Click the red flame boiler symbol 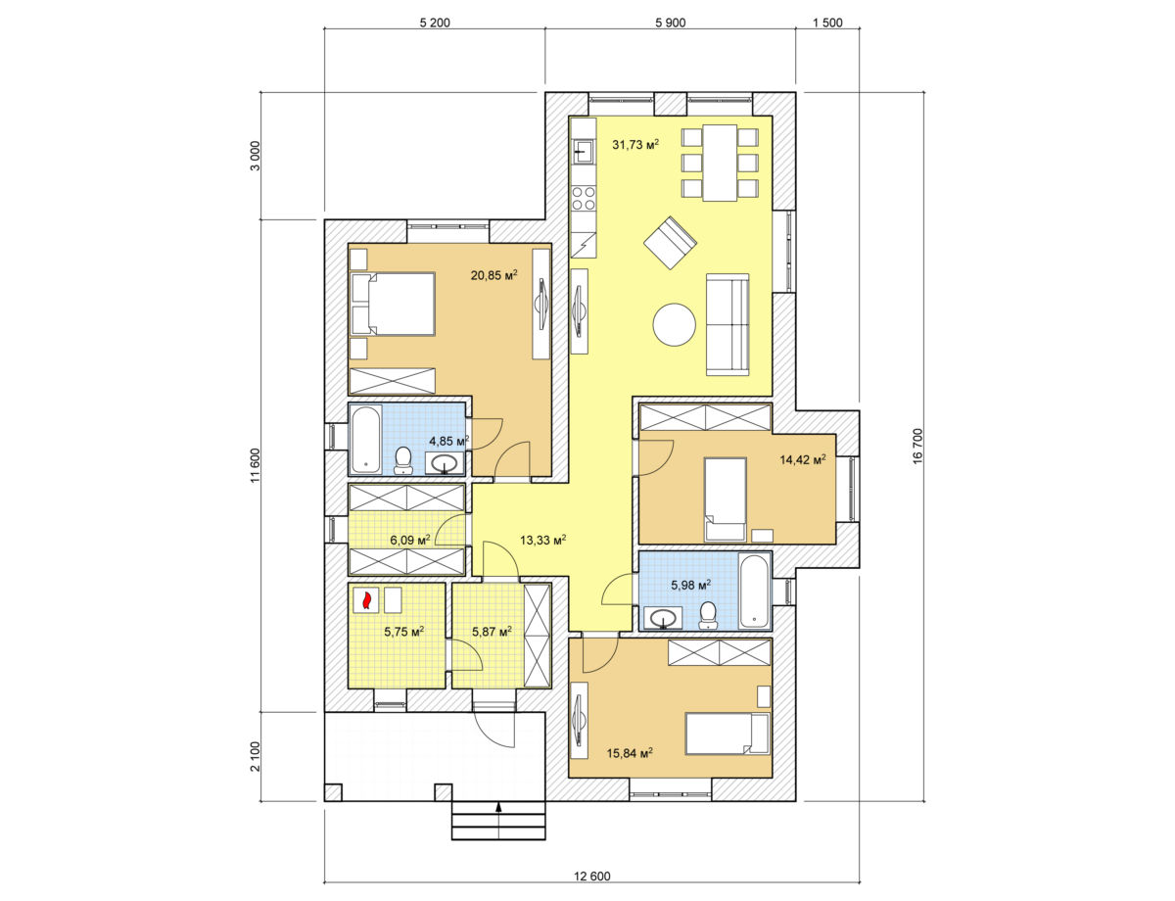point(366,599)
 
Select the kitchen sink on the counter point(583,151)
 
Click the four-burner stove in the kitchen point(584,198)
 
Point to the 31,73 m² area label point(635,144)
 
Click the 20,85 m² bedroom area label point(493,275)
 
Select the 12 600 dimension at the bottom point(592,876)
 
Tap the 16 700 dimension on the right point(917,447)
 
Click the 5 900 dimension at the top point(670,23)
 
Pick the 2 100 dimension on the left point(255,756)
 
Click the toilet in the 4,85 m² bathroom point(402,460)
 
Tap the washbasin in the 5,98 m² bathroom point(662,618)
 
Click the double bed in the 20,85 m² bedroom point(393,304)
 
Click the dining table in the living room point(720,163)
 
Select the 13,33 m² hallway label point(542,540)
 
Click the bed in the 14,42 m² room point(726,499)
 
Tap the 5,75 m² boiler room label point(404,631)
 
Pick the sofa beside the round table point(728,324)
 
